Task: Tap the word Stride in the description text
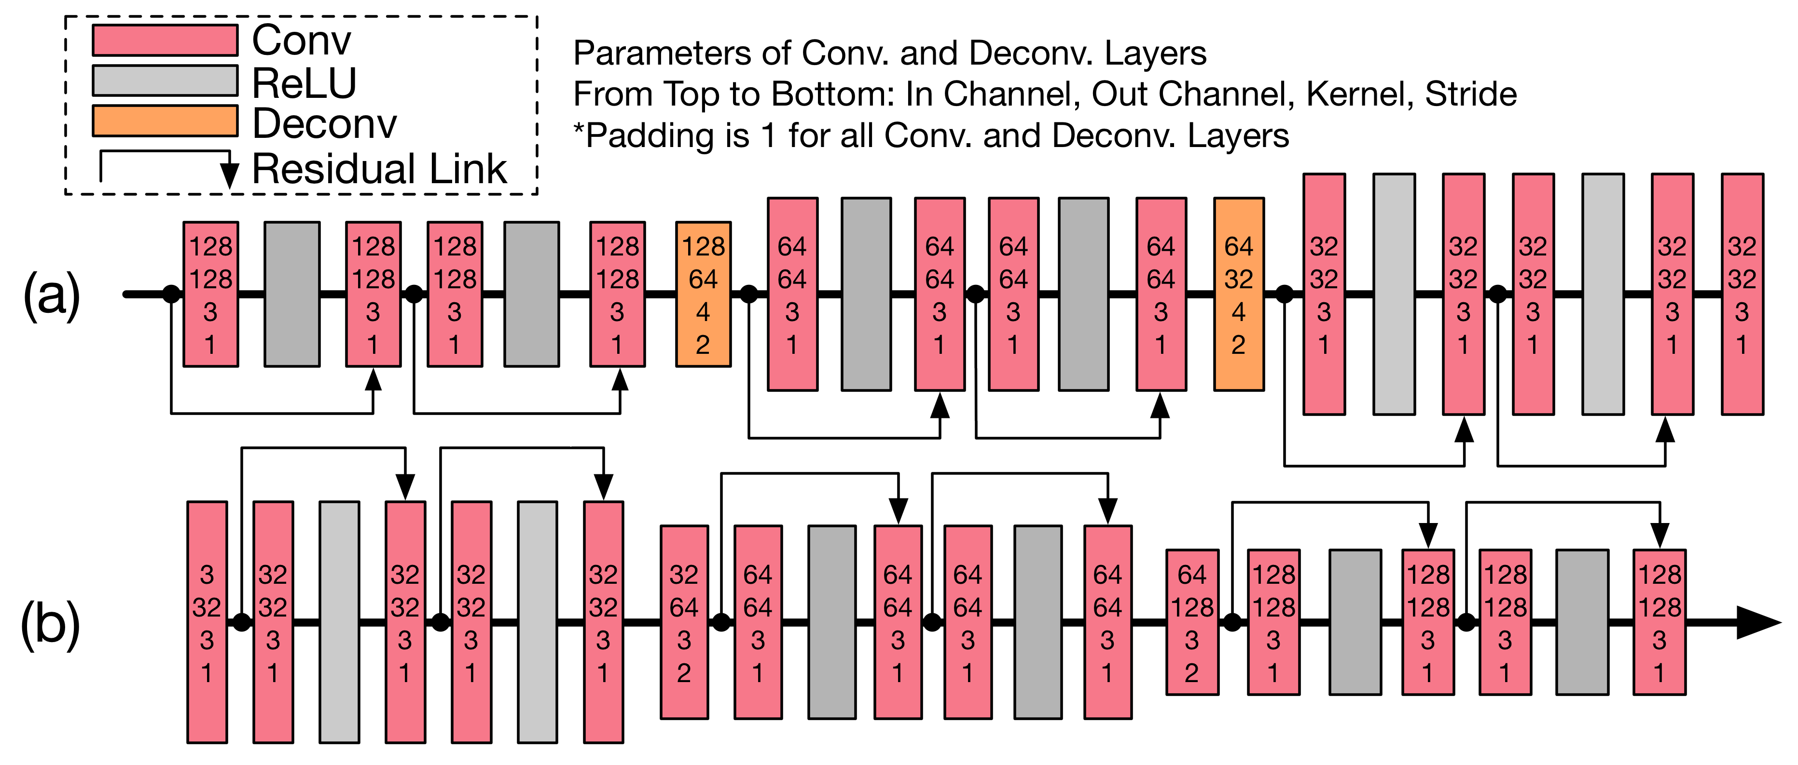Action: pyautogui.click(x=1471, y=94)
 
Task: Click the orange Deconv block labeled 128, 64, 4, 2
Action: pyautogui.click(x=703, y=294)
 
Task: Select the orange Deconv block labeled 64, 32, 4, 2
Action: pyautogui.click(x=1238, y=294)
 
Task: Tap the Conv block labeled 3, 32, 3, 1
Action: pyautogui.click(x=207, y=622)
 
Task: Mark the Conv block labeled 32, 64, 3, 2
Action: pyautogui.click(x=684, y=622)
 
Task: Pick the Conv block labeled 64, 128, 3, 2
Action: pyautogui.click(x=1192, y=622)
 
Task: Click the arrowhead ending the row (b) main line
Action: pyautogui.click(x=1759, y=622)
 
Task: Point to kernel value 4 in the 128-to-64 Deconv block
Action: pyautogui.click(x=703, y=312)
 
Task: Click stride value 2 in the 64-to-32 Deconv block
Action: pyautogui.click(x=1238, y=345)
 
